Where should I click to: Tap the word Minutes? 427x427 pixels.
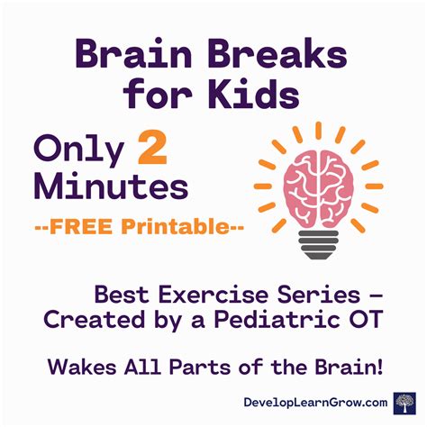(112, 187)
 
